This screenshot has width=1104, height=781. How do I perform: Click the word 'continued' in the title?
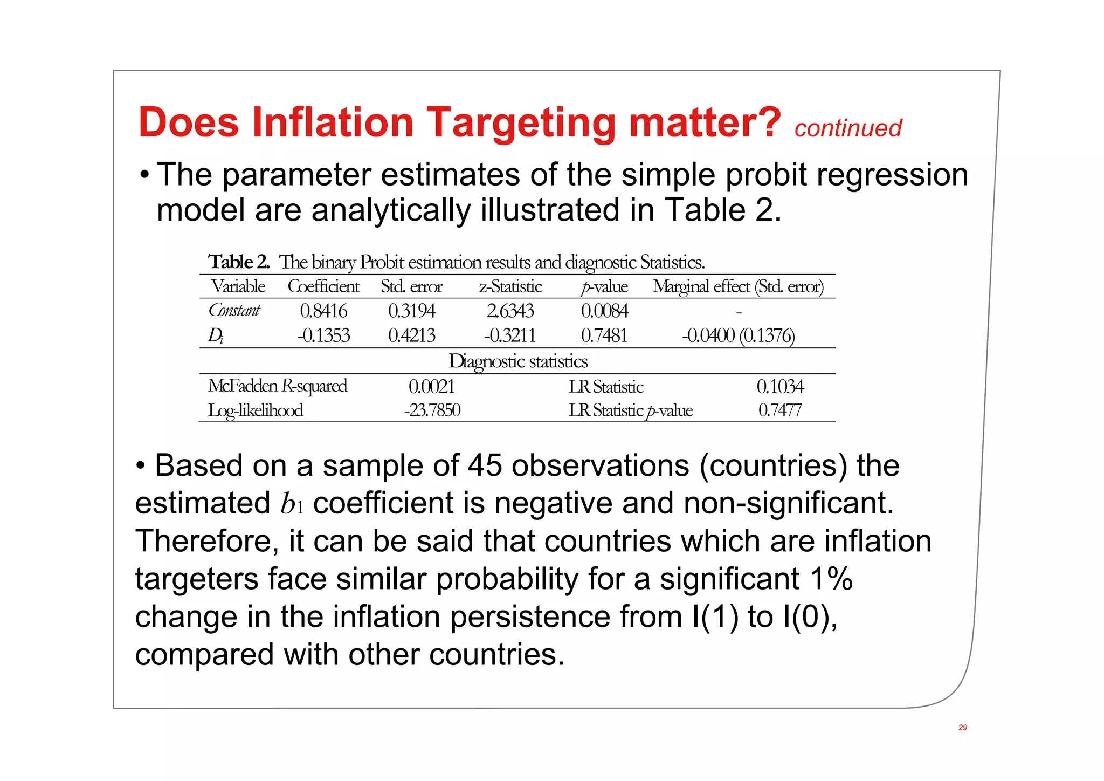847,128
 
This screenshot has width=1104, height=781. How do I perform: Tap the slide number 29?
963,728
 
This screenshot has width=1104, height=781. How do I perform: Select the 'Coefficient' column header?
323,286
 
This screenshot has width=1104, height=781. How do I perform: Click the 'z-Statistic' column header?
510,286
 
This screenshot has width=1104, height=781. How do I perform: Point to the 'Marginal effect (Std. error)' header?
738,286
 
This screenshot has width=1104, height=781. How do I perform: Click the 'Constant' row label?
234,311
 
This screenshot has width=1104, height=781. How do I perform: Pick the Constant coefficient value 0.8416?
323,311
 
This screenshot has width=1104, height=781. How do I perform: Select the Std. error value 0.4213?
411,335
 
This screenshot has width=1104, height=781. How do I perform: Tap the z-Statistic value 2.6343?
510,311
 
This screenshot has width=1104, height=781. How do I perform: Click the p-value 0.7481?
604,335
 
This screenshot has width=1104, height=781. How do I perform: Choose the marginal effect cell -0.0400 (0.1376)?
738,335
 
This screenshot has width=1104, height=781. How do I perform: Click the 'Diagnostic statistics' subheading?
518,361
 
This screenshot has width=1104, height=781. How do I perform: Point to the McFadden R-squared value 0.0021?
432,386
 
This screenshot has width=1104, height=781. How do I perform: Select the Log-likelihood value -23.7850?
432,410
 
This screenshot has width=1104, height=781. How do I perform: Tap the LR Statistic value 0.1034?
780,386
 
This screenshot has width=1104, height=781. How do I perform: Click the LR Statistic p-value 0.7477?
780,410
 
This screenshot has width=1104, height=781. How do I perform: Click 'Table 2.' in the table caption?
239,262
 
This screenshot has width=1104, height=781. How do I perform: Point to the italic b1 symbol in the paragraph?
292,504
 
